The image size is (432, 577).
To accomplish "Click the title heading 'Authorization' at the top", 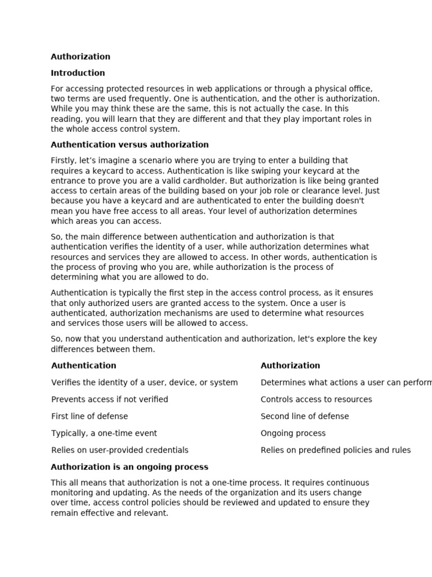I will point(80,56).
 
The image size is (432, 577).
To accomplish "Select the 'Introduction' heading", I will point(78,73).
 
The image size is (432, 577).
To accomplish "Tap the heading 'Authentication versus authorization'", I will point(129,145).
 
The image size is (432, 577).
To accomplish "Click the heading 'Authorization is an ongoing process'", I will point(129,467).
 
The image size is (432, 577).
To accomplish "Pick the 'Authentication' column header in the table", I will point(84,366).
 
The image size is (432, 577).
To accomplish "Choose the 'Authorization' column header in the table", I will point(290,366).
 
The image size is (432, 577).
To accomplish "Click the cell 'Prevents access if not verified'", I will point(110,400).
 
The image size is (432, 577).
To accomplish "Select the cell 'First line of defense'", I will point(89,416).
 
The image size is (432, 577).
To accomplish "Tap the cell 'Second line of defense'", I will point(304,416).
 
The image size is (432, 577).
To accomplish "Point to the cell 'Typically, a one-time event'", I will point(104,433).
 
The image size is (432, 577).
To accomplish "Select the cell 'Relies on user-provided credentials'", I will point(120,450).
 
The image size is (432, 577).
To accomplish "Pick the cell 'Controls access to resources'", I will point(316,400).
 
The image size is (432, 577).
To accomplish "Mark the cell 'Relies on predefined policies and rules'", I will point(335,450).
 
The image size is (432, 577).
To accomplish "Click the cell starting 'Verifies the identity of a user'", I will point(145,383).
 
